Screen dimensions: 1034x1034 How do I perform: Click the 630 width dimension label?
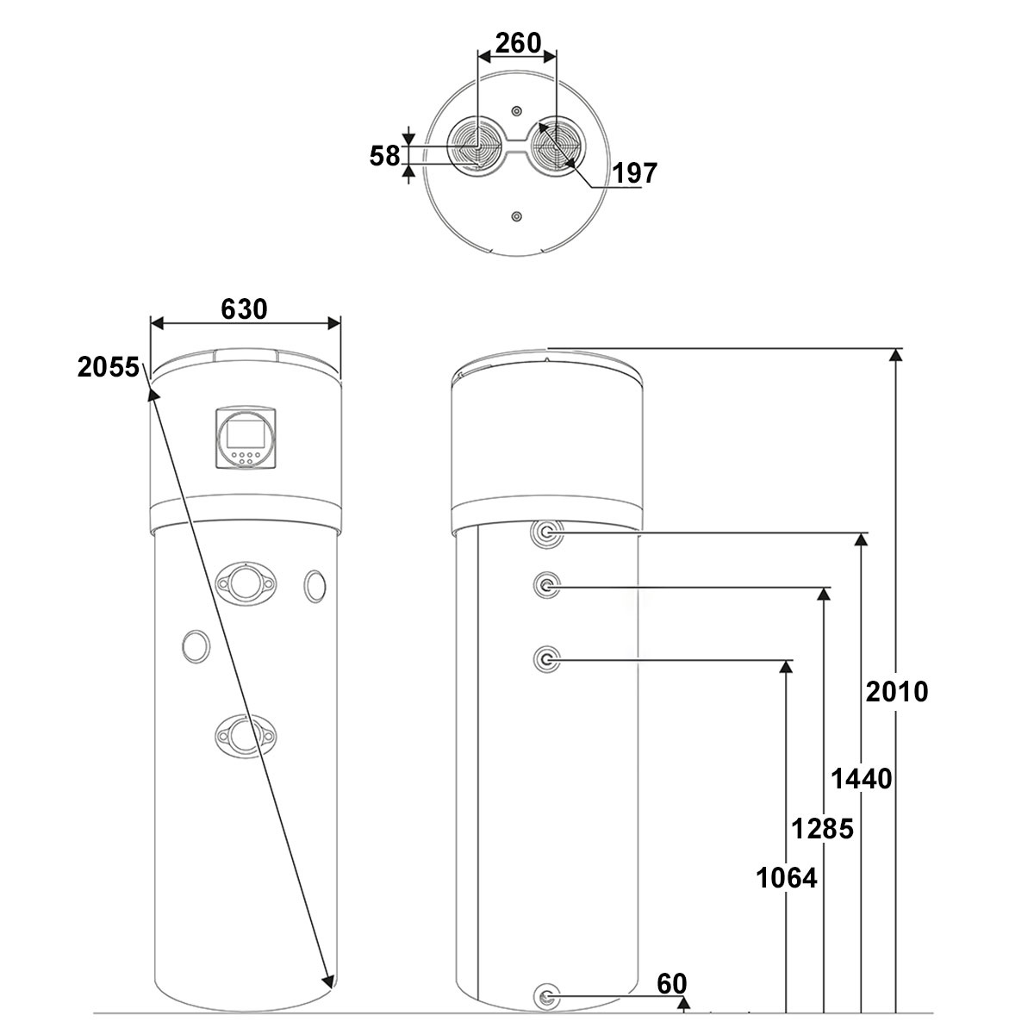[x=244, y=309]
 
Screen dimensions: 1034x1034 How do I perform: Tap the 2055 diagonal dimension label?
[x=109, y=368]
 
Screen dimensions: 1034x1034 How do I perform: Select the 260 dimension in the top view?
[x=518, y=43]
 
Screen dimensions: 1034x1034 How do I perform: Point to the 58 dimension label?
[x=384, y=156]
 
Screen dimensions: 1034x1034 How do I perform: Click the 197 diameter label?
[x=635, y=173]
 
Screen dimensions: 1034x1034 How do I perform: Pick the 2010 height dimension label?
[x=897, y=692]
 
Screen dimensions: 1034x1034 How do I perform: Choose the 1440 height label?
[x=862, y=778]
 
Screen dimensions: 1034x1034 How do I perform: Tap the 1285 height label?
[x=823, y=828]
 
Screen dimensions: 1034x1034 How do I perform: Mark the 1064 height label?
[x=787, y=878]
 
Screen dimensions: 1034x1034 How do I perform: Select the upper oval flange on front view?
[x=246, y=583]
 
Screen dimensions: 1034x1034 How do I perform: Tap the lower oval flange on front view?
[x=246, y=736]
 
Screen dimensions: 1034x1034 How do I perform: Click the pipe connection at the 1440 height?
[x=546, y=533]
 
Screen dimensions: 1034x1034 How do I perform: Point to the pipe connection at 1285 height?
[x=546, y=585]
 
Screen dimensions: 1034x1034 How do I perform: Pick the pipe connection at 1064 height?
[x=546, y=659]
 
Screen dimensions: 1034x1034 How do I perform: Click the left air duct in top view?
[x=476, y=146]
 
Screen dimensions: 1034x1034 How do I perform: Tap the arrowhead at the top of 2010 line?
[x=895, y=355]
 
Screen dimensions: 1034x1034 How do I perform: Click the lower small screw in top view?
[x=516, y=217]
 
